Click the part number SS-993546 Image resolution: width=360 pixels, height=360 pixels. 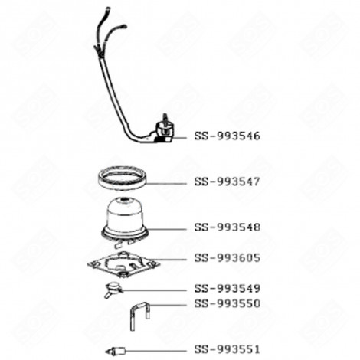click(x=227, y=136)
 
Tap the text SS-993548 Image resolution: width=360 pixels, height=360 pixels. click(x=227, y=227)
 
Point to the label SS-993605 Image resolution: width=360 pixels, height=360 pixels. click(x=227, y=258)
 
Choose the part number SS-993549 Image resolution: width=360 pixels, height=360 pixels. click(x=227, y=289)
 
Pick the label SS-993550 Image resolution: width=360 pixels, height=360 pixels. click(x=227, y=303)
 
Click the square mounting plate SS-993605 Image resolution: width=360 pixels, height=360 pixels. click(x=123, y=265)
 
